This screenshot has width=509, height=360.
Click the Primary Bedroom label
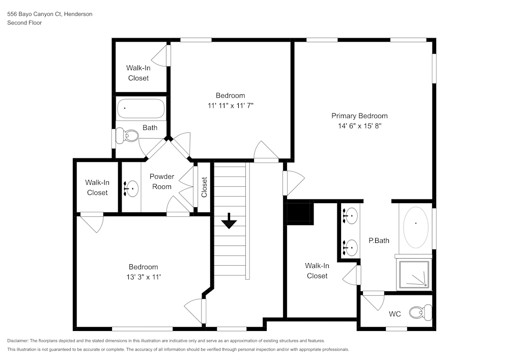click(x=359, y=116)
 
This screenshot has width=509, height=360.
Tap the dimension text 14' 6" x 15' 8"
click(x=359, y=126)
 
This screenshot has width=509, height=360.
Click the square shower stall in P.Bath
click(x=414, y=275)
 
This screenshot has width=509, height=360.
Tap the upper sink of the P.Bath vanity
click(x=349, y=216)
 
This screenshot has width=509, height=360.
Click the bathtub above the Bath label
click(x=140, y=108)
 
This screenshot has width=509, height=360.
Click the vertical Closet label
click(x=204, y=187)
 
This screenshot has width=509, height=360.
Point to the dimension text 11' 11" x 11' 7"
click(x=230, y=105)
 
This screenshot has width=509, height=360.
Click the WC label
click(x=395, y=314)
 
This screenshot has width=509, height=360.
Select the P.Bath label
click(x=379, y=240)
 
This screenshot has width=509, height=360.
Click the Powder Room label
click(x=162, y=181)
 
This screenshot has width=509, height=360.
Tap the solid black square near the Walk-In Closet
click(x=299, y=212)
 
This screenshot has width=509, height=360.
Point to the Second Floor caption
click(x=24, y=23)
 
